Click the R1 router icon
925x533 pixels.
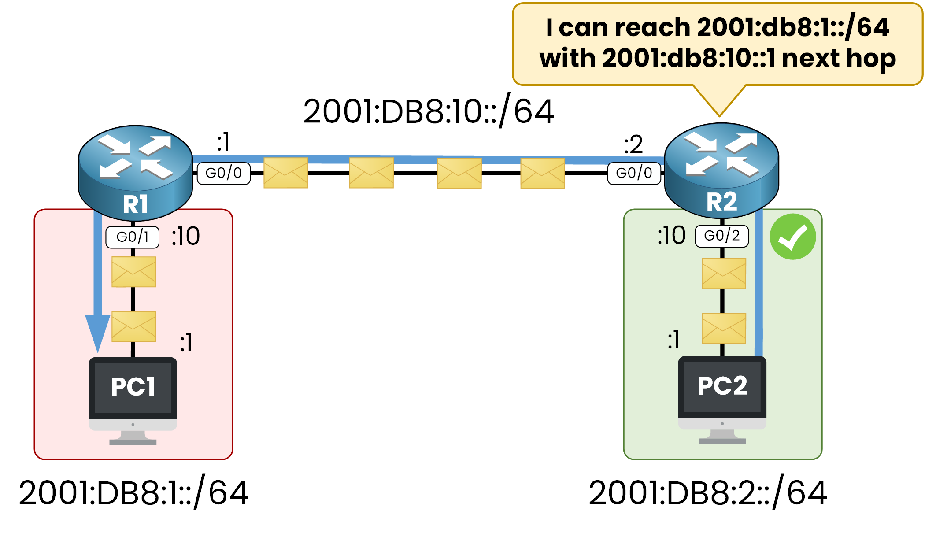[x=135, y=172]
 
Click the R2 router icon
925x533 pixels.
[x=721, y=170]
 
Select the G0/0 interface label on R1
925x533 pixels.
[x=224, y=173]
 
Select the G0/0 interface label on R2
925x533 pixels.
[x=634, y=173]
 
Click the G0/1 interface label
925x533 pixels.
[x=132, y=237]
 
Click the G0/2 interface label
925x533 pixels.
[x=721, y=236]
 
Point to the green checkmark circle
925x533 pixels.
[x=792, y=237]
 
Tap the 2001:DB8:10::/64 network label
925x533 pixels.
[x=428, y=111]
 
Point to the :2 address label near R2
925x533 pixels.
[x=633, y=144]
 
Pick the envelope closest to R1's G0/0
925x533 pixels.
[x=285, y=173]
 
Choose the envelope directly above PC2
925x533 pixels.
[x=723, y=328]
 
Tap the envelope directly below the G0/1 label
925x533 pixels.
[x=133, y=272]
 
